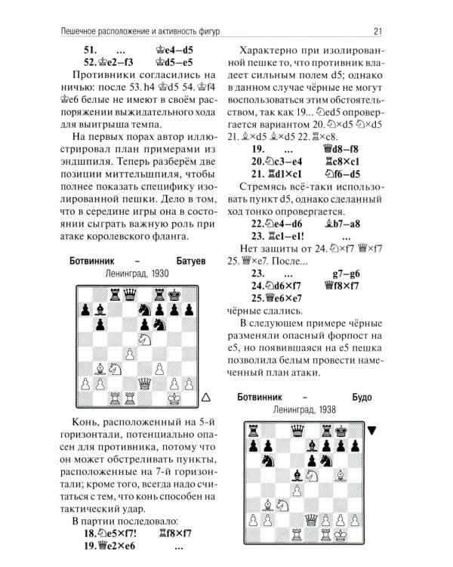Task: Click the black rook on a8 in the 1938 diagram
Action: (x=251, y=429)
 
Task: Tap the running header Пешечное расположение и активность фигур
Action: (x=151, y=31)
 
